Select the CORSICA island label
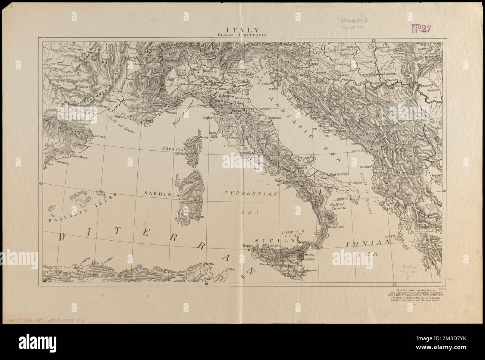[x=171, y=148]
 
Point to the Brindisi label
[x=357, y=183]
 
